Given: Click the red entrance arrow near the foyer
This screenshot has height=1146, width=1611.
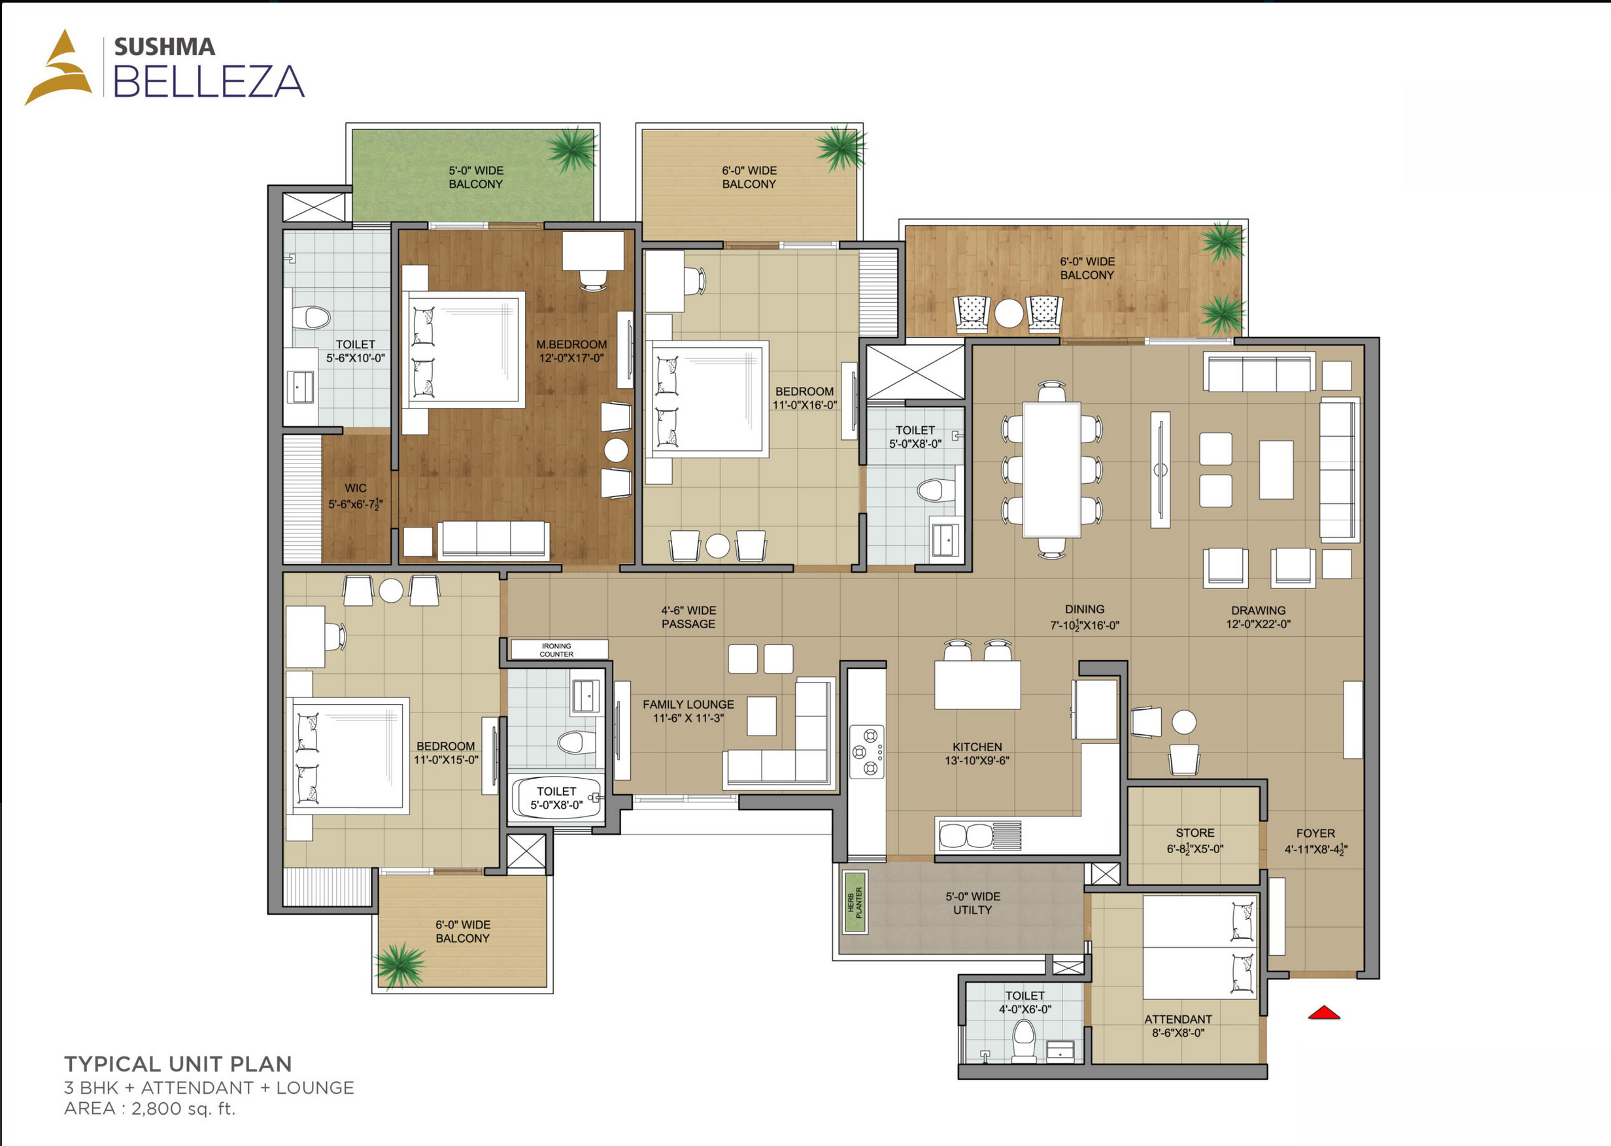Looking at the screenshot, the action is point(1324,1013).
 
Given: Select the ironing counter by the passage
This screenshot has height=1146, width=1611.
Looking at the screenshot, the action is point(559,649).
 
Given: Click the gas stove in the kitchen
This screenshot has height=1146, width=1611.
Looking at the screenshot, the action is point(867,752).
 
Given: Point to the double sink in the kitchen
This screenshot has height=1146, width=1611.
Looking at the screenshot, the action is point(964,836).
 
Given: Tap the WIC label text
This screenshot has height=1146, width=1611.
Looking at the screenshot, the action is point(356,488).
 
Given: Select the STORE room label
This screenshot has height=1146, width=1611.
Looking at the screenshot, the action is point(1195,833).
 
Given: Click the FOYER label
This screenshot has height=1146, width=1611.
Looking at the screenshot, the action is point(1315,834).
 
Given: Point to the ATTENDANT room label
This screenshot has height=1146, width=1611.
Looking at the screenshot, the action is point(1178,1019).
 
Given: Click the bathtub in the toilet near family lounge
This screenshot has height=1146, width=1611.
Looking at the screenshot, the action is point(556,800).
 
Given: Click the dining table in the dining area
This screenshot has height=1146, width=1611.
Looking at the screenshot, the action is point(1051,469).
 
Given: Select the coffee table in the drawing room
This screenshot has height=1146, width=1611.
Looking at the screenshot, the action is point(1276,469).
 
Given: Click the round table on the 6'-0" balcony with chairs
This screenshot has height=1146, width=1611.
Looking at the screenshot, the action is point(1008,313).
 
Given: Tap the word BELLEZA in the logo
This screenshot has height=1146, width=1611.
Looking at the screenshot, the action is point(209,81).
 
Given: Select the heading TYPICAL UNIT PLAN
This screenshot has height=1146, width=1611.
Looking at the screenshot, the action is point(178,1064).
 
